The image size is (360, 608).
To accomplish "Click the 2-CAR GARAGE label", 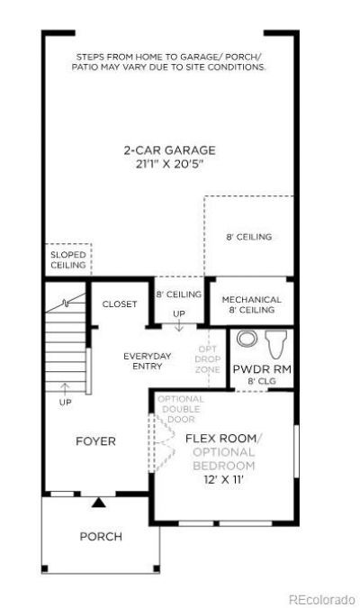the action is [170, 150].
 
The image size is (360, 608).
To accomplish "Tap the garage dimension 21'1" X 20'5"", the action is [170, 164].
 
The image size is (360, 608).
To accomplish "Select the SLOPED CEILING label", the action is [68, 259].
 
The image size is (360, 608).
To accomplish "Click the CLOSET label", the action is [120, 304].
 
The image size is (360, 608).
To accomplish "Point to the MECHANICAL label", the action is [251, 300].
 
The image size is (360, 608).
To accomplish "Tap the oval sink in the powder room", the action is [247, 339].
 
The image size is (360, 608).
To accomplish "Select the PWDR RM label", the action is [262, 368].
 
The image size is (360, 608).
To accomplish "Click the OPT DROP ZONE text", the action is [207, 359].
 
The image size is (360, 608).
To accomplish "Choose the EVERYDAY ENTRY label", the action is [148, 361].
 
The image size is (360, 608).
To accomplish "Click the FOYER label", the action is [95, 441].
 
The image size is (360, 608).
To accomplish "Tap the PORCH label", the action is [101, 537].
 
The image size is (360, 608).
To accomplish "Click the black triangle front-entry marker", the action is [99, 503].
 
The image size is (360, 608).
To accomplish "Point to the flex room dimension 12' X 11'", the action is [223, 480].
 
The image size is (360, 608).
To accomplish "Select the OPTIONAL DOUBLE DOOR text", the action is [181, 409].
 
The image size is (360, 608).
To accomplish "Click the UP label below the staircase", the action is [65, 403].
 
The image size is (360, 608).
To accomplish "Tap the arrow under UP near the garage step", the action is [178, 326].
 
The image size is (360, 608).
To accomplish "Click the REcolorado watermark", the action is [322, 599].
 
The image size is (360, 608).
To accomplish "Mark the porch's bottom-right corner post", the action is [157, 569].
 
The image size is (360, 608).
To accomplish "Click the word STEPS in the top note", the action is [90, 57].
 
